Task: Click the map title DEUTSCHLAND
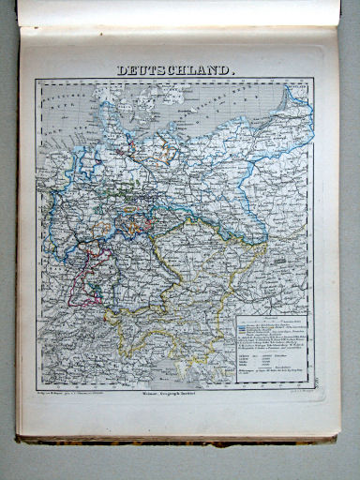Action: (177, 69)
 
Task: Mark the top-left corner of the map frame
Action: (37, 79)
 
